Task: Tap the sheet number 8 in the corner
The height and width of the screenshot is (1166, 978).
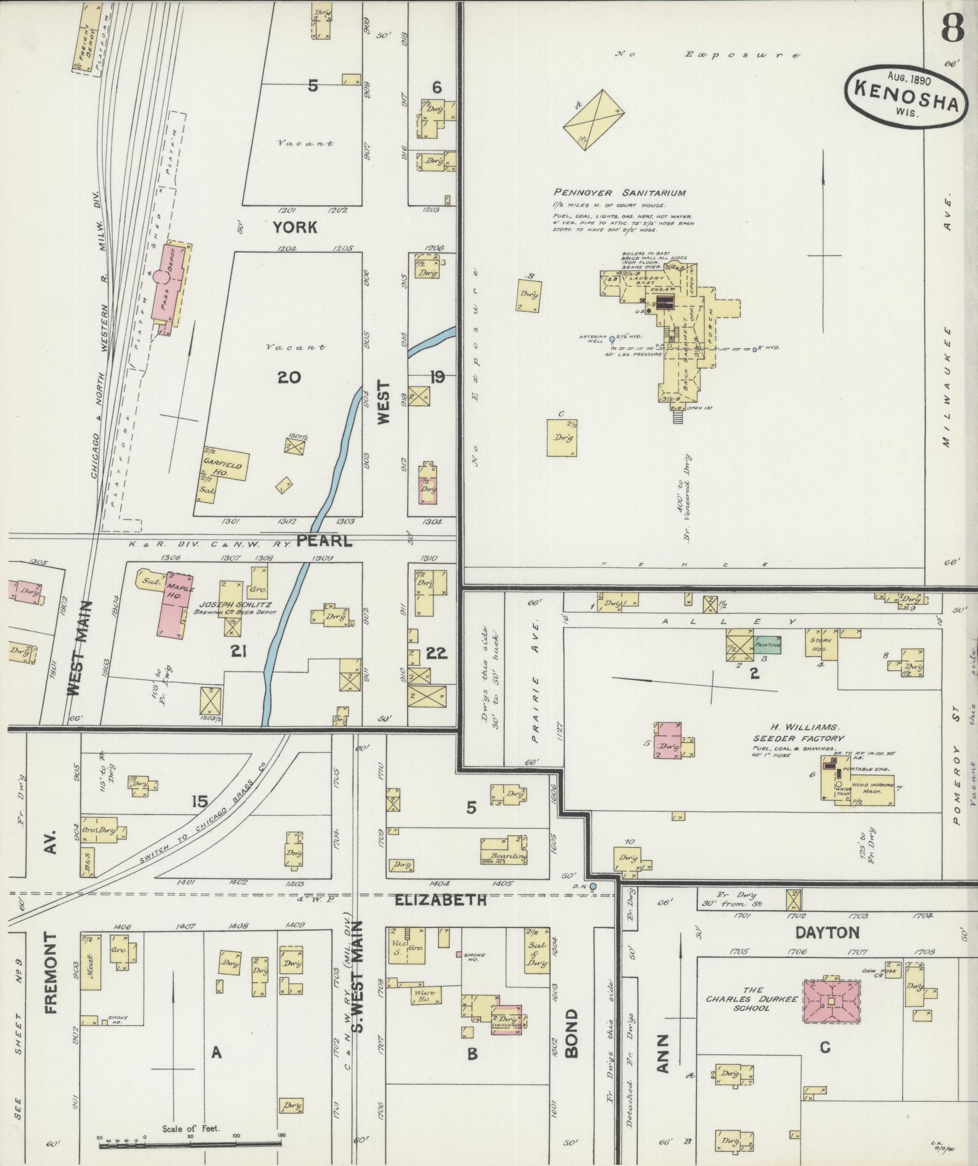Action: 952,28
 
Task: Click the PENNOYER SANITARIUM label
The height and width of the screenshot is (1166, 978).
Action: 619,192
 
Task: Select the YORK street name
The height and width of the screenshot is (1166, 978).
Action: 295,228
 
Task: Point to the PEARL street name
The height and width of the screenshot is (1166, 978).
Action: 324,541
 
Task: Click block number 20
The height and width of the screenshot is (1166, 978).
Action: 289,377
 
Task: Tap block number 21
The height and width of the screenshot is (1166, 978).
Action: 239,650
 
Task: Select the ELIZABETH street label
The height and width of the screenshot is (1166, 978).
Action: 440,900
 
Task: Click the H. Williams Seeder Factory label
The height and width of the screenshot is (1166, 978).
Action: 798,733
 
